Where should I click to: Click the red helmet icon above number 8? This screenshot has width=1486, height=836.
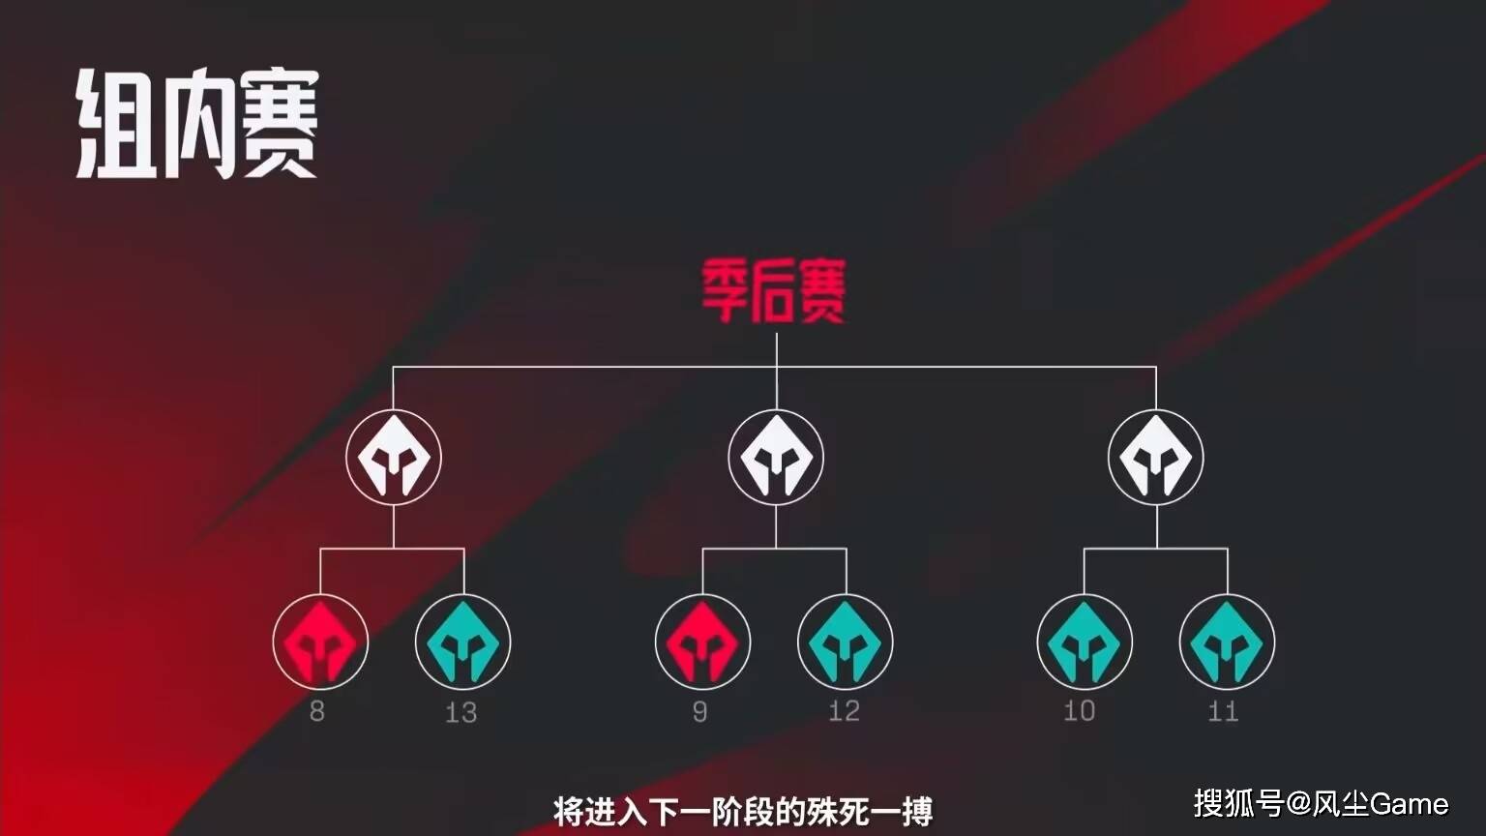[x=320, y=642]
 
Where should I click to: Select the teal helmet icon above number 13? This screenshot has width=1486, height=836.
[x=463, y=642]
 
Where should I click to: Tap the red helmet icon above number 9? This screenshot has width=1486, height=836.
[x=702, y=642]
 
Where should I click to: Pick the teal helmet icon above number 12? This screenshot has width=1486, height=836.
[x=846, y=642]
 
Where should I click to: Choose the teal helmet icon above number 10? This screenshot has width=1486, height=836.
[x=1085, y=642]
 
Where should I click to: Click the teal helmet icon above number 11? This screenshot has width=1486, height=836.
[x=1228, y=642]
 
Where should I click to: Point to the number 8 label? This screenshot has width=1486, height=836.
[x=317, y=711]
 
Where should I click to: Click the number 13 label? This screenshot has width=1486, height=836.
[x=461, y=712]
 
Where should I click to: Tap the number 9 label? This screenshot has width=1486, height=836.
[x=699, y=711]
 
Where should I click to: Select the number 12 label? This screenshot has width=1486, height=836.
[x=845, y=711]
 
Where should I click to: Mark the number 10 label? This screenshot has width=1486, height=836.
[x=1080, y=711]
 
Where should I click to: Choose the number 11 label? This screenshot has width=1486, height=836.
[x=1223, y=711]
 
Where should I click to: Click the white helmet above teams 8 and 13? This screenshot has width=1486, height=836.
[x=394, y=458]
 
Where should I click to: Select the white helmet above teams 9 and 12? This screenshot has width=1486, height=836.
[x=776, y=458]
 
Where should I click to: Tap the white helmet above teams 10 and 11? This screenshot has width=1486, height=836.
[x=1156, y=458]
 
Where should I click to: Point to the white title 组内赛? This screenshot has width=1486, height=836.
[x=197, y=124]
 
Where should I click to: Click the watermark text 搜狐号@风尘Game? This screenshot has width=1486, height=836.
[x=1321, y=803]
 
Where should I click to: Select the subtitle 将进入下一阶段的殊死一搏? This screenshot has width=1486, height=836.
[x=743, y=811]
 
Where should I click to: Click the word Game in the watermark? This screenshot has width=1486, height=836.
[x=1409, y=804]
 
